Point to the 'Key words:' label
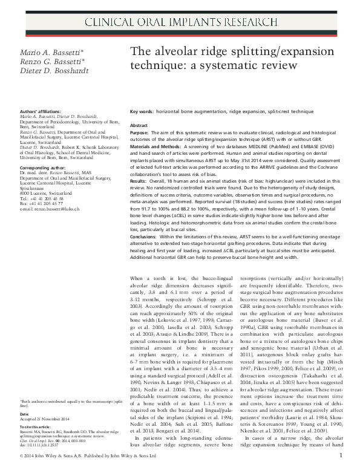(x=143, y=113)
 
